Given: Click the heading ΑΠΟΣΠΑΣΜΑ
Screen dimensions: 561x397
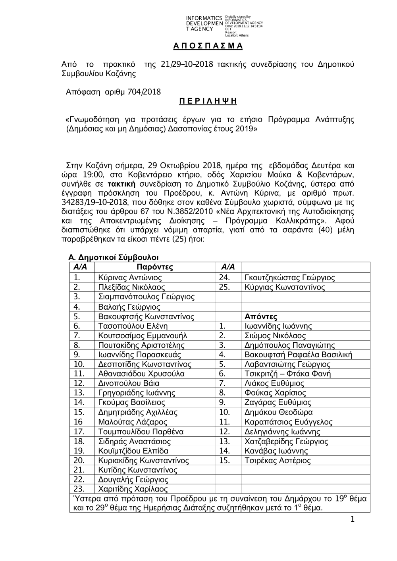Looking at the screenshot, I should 208,46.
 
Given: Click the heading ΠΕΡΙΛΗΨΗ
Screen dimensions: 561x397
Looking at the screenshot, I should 208,101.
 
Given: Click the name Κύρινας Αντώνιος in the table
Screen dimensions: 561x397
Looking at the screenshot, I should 130,278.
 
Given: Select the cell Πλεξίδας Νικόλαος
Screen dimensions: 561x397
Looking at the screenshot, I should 131,287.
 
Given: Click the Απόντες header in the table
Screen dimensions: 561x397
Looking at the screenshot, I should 261,316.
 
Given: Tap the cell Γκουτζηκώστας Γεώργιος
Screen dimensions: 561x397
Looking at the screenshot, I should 290,278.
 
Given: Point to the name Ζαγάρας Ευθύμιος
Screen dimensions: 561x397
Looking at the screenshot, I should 278,403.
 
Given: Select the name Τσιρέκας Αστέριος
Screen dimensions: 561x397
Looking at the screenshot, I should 278,461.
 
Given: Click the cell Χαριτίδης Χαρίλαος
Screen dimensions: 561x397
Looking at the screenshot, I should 133,489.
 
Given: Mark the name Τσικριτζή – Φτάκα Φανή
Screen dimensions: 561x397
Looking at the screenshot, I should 288,374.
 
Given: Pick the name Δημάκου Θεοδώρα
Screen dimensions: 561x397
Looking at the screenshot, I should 279,412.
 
